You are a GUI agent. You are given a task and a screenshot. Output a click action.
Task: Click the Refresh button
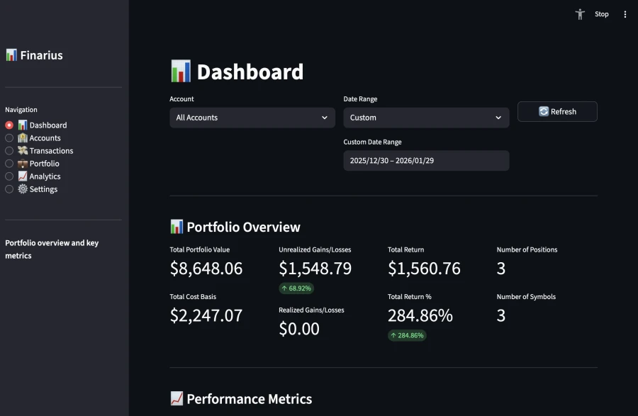click(x=557, y=111)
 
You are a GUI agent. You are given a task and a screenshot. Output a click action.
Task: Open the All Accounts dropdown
click(x=252, y=118)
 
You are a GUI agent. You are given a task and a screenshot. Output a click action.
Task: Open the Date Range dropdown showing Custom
click(x=425, y=118)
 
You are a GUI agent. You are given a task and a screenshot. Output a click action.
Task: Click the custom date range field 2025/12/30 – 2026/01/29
click(x=425, y=161)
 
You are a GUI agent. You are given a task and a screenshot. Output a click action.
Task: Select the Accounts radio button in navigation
click(x=9, y=138)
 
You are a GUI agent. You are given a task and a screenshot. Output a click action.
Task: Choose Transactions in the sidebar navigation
click(x=9, y=151)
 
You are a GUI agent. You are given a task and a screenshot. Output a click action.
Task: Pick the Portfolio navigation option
click(x=9, y=164)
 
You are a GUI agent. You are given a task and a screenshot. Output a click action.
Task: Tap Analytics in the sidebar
click(x=9, y=176)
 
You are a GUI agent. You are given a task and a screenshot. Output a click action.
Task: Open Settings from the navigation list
click(x=9, y=189)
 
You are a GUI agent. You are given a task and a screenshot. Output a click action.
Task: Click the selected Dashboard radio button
click(x=9, y=125)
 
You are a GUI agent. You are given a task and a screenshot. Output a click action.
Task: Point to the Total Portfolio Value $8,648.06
click(x=206, y=269)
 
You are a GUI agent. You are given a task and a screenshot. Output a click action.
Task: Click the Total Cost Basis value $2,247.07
click(x=206, y=315)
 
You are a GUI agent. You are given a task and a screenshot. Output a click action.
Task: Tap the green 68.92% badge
click(x=296, y=288)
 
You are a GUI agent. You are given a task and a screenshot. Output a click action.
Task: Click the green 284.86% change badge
click(x=407, y=335)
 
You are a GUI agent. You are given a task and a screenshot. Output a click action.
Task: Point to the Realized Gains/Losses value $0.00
click(x=299, y=329)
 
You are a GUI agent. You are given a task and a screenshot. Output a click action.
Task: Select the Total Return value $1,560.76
click(x=424, y=269)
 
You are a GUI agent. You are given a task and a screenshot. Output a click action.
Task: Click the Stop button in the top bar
click(x=601, y=14)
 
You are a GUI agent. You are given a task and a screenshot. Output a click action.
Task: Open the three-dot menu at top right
click(x=625, y=14)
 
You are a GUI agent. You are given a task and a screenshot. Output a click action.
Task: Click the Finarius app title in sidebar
click(x=34, y=55)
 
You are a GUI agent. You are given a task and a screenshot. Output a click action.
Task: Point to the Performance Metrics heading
click(x=249, y=399)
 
